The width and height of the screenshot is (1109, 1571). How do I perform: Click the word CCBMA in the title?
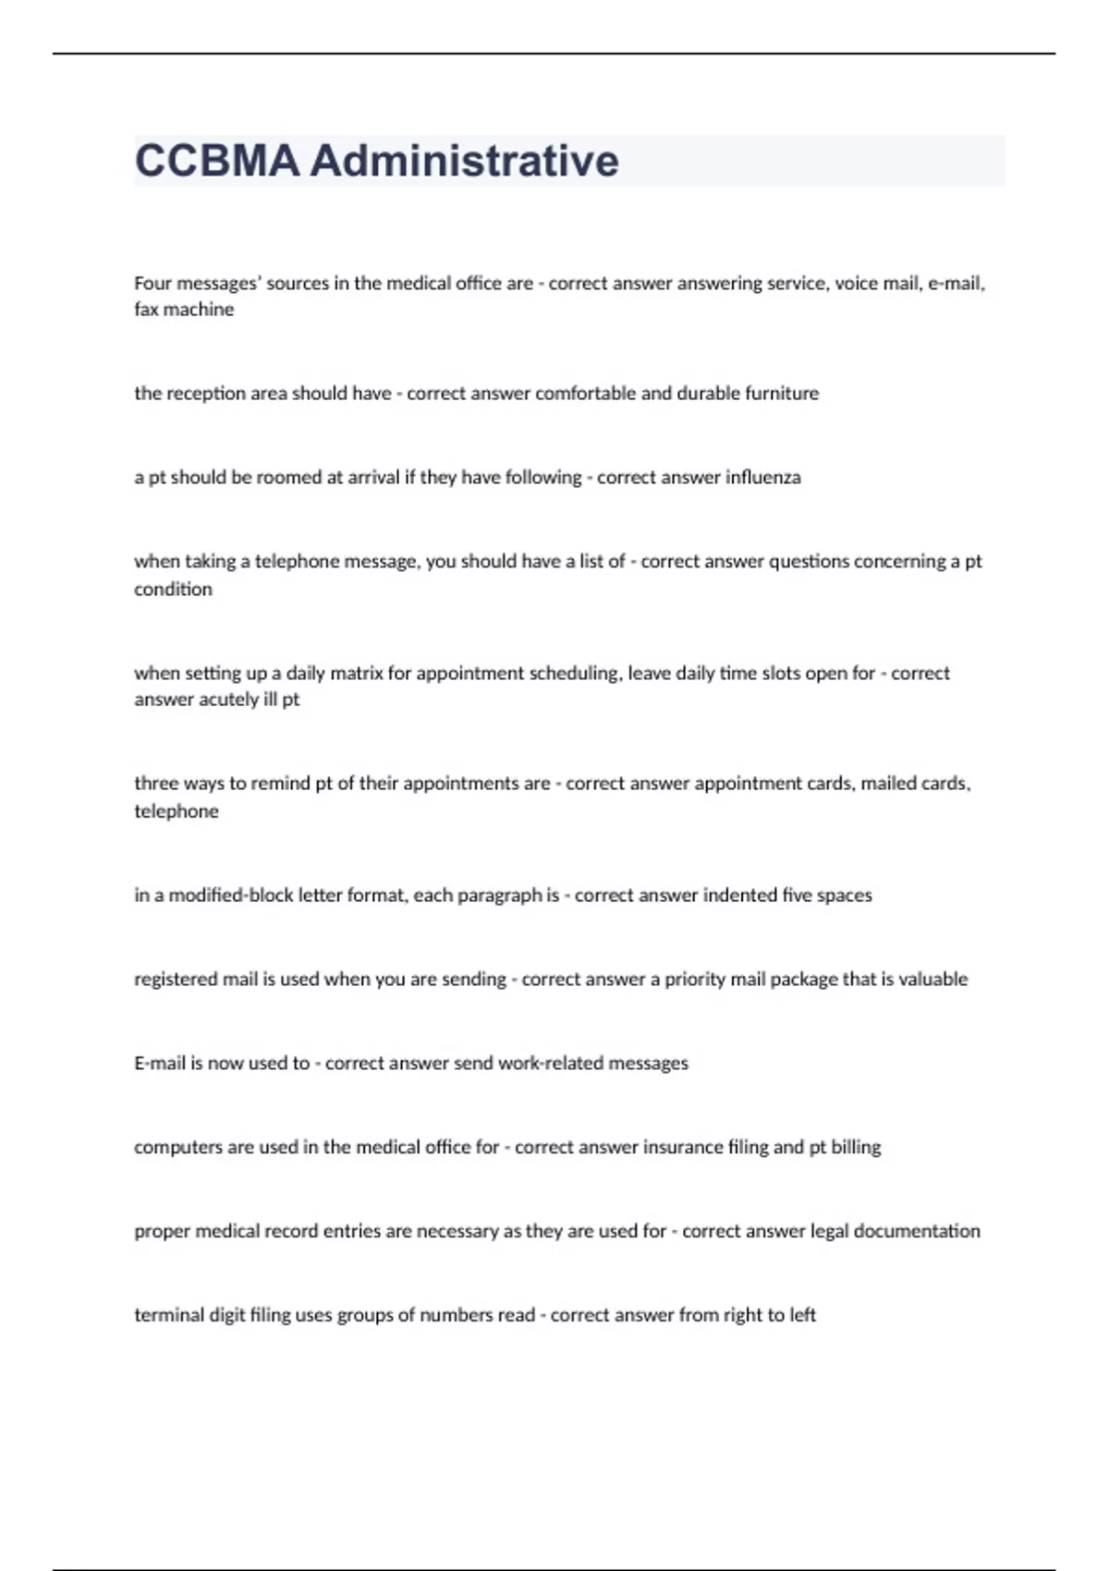tap(217, 161)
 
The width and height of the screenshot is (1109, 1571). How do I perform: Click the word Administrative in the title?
tap(464, 161)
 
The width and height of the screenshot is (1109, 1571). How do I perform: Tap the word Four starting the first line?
tap(152, 284)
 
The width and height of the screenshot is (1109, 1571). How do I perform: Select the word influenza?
tap(763, 478)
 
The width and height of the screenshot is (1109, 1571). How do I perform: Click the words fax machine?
tap(184, 310)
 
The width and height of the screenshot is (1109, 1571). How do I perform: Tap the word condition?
tap(173, 590)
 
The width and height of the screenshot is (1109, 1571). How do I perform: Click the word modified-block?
tap(224, 895)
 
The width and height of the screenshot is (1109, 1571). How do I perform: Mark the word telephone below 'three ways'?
tap(177, 811)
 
